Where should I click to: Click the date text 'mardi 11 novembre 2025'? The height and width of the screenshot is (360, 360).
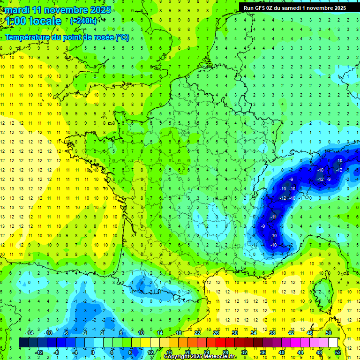point(59,10)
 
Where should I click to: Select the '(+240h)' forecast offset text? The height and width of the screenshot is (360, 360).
point(83,21)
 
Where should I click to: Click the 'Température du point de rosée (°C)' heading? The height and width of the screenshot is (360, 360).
point(67,37)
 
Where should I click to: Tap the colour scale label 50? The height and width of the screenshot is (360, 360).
point(328,333)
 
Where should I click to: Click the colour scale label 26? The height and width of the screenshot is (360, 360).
point(216,333)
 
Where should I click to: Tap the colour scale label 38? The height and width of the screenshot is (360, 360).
point(272,333)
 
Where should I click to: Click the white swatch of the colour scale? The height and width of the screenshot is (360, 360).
point(333,342)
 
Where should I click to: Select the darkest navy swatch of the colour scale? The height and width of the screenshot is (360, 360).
point(23,342)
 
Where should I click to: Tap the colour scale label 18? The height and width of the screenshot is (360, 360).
point(178,333)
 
